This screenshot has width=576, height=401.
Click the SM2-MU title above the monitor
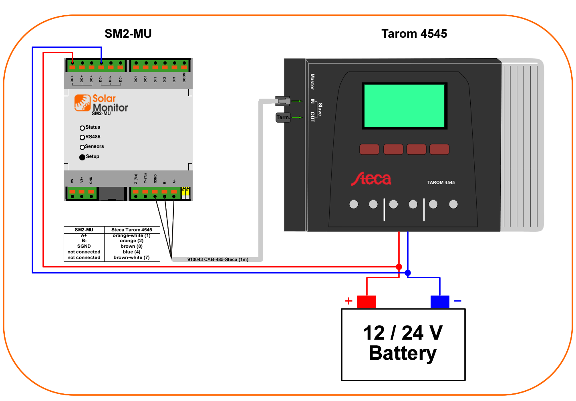click(x=128, y=34)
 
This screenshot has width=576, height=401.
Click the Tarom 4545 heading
click(x=414, y=34)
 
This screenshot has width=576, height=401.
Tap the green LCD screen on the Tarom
click(x=404, y=106)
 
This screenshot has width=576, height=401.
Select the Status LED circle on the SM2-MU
click(x=82, y=128)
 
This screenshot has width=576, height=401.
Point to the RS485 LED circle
click(x=82, y=138)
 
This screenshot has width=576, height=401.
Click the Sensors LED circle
click(x=82, y=147)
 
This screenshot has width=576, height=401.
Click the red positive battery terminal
click(x=366, y=302)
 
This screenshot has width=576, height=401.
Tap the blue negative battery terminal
click(x=439, y=302)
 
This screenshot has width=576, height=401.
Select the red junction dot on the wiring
click(x=399, y=267)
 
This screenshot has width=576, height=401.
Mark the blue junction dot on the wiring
click(x=408, y=273)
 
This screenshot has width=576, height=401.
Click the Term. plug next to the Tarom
click(x=283, y=117)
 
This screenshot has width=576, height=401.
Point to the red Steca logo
click(x=371, y=179)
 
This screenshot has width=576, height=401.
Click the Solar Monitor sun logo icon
click(x=82, y=103)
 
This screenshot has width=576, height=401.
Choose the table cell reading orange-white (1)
click(x=131, y=235)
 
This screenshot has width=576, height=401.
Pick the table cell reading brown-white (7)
click(x=131, y=257)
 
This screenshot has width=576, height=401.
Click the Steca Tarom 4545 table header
click(x=131, y=230)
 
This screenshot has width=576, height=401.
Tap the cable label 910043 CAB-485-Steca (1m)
click(x=218, y=259)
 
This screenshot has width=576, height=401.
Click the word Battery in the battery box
click(x=403, y=353)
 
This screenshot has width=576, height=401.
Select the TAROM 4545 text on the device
click(x=441, y=182)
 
